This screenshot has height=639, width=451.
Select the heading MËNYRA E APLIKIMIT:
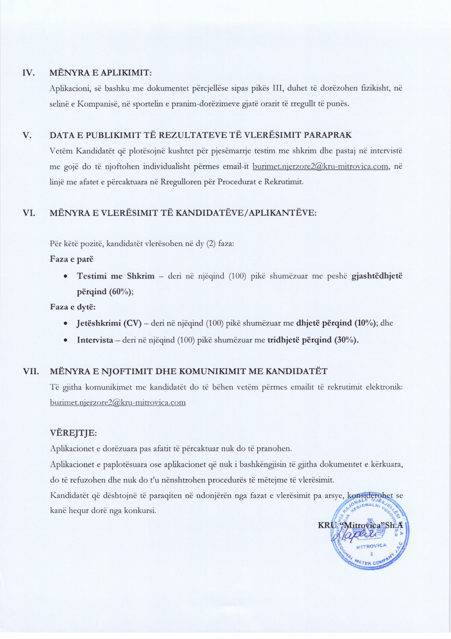100,73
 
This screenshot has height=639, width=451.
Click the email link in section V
321,167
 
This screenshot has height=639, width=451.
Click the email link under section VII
118,402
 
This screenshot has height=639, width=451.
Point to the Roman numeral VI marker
29,213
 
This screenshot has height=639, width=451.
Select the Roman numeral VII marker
31,372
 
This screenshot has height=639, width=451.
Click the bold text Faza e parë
72,259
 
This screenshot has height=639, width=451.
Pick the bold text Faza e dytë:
73,307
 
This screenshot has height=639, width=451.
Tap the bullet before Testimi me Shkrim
65,277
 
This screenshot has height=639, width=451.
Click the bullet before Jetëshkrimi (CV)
65,324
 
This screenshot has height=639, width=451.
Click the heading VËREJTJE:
73,433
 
